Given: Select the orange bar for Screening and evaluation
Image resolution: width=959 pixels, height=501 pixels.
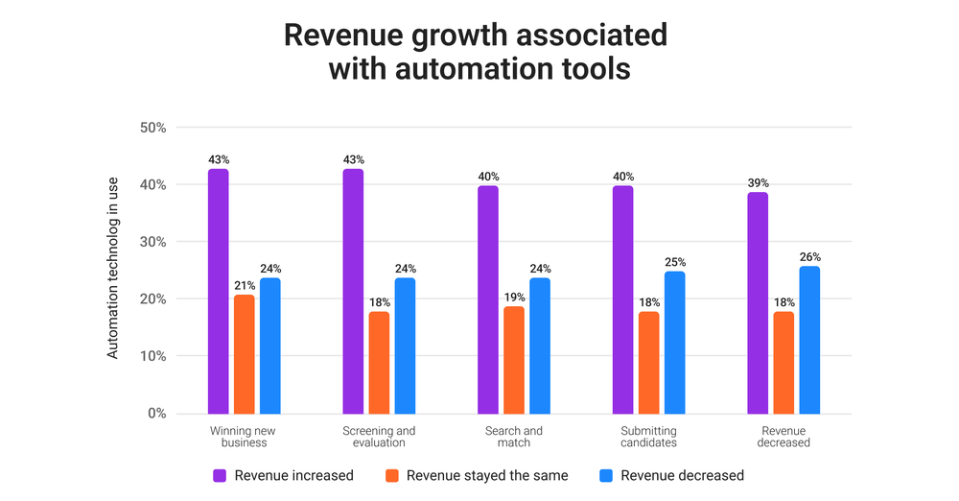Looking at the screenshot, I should pyautogui.click(x=379, y=362).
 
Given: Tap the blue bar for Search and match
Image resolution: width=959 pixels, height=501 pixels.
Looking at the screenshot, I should pyautogui.click(x=540, y=346).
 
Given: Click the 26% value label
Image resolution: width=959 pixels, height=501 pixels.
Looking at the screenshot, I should pyautogui.click(x=809, y=256).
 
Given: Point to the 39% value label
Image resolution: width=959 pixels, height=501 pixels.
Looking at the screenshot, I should pyautogui.click(x=758, y=182).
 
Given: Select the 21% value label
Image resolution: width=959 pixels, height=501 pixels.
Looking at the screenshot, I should pyautogui.click(x=245, y=285).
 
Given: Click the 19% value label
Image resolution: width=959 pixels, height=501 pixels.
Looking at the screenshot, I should pyautogui.click(x=514, y=297).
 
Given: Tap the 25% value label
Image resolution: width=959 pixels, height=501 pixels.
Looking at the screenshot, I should pyautogui.click(x=675, y=262).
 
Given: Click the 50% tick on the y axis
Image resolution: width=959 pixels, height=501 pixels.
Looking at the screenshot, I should pyautogui.click(x=153, y=128).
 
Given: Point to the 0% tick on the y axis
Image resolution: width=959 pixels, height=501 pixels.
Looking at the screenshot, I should pyautogui.click(x=157, y=414).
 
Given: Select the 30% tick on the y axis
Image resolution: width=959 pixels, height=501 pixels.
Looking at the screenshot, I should pyautogui.click(x=153, y=242).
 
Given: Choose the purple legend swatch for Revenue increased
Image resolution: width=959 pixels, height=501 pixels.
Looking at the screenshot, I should pyautogui.click(x=220, y=475).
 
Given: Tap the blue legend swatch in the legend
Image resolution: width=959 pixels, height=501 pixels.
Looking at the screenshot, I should pyautogui.click(x=605, y=475).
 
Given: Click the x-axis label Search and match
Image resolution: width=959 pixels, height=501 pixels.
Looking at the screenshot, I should pyautogui.click(x=514, y=437).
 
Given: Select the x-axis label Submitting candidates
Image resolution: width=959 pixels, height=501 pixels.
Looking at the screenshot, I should pyautogui.click(x=649, y=437).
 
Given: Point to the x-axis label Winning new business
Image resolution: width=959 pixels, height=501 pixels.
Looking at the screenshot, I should pyautogui.click(x=245, y=437).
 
